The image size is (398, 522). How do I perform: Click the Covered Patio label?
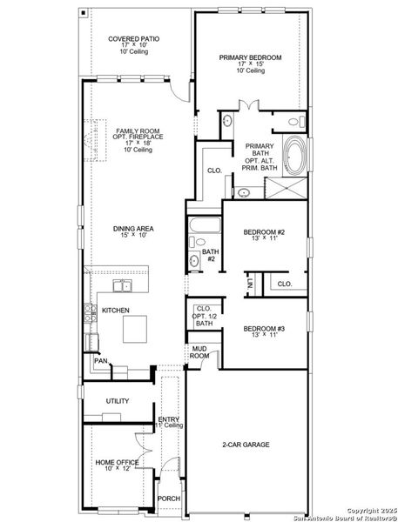tap(128, 39)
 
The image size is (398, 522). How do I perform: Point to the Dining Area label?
tap(132, 230)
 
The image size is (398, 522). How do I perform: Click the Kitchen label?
tap(116, 311)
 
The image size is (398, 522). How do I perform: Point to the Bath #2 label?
tap(210, 257)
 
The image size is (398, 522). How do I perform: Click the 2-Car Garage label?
tap(245, 445)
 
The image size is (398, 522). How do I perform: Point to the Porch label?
tap(168, 499)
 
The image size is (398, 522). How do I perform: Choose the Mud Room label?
tap(200, 352)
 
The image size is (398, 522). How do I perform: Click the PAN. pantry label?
tap(100, 360)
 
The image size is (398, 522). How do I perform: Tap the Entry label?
tap(169, 420)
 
